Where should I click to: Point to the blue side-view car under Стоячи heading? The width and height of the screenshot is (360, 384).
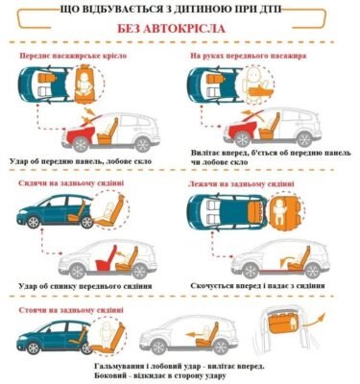click(54, 336)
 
